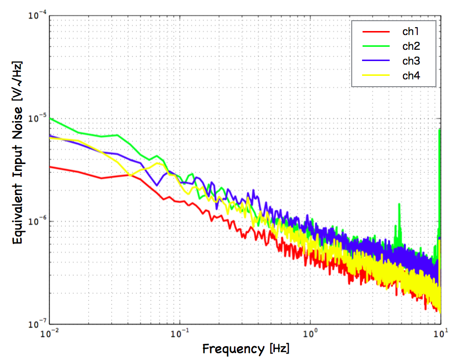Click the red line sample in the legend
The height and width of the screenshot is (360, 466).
pyautogui.click(x=377, y=32)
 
